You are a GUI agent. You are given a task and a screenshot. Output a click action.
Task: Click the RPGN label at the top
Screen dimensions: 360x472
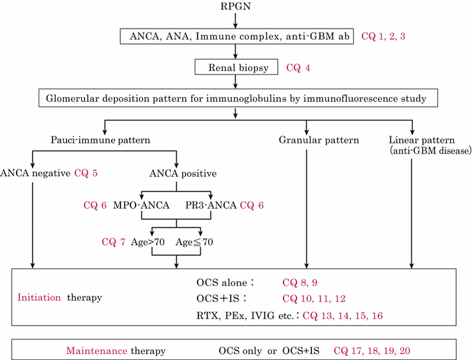[x=237, y=8]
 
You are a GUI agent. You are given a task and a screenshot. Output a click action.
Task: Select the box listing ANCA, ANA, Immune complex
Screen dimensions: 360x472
[x=237, y=36]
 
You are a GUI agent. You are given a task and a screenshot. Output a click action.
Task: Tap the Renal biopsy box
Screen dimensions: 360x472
[x=237, y=67]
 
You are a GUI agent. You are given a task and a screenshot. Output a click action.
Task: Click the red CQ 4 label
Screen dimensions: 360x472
[x=298, y=67]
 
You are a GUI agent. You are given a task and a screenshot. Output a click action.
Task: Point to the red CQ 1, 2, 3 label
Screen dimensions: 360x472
[x=383, y=36]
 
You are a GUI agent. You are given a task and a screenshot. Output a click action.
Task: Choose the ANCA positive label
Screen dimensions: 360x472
[x=177, y=175]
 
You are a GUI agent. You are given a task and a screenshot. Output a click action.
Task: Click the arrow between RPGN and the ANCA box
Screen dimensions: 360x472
[x=237, y=21]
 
